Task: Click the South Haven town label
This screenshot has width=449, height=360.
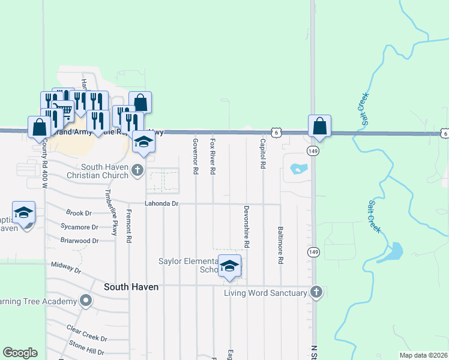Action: pos(131,287)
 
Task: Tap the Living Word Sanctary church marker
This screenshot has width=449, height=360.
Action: pos(316,293)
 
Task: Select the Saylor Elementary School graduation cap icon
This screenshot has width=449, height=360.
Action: pos(229,266)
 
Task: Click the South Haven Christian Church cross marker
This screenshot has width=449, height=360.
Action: pos(139,170)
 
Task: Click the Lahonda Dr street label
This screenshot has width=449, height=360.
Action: pos(162,204)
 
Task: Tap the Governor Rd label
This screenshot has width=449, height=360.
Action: pos(196,156)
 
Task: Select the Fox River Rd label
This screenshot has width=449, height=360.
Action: pos(212,156)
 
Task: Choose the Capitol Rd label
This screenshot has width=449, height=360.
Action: pos(263,154)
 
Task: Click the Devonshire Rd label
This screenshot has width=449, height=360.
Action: pos(246,227)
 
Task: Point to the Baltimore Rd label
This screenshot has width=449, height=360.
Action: pos(280,245)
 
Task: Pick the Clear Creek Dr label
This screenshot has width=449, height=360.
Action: pos(82,331)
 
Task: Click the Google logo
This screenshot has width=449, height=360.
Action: pos(20,353)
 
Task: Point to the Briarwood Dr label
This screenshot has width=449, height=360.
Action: pos(79,241)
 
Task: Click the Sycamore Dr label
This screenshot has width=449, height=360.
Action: pos(79,227)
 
